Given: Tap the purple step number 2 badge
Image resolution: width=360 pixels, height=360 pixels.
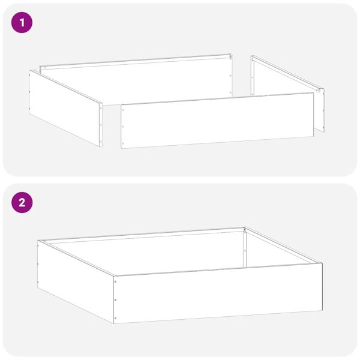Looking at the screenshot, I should click(x=22, y=202).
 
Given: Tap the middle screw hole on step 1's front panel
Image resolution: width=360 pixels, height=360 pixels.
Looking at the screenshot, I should click(x=123, y=127).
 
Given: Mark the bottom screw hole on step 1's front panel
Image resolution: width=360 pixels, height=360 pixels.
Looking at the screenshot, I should click(x=123, y=143).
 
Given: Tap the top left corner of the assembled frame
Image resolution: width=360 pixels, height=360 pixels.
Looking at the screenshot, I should click(x=38, y=241).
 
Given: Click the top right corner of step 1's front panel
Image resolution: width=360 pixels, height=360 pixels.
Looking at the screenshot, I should click(x=313, y=93).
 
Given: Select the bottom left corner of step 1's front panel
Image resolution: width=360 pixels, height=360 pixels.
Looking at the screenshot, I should click(x=121, y=148).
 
